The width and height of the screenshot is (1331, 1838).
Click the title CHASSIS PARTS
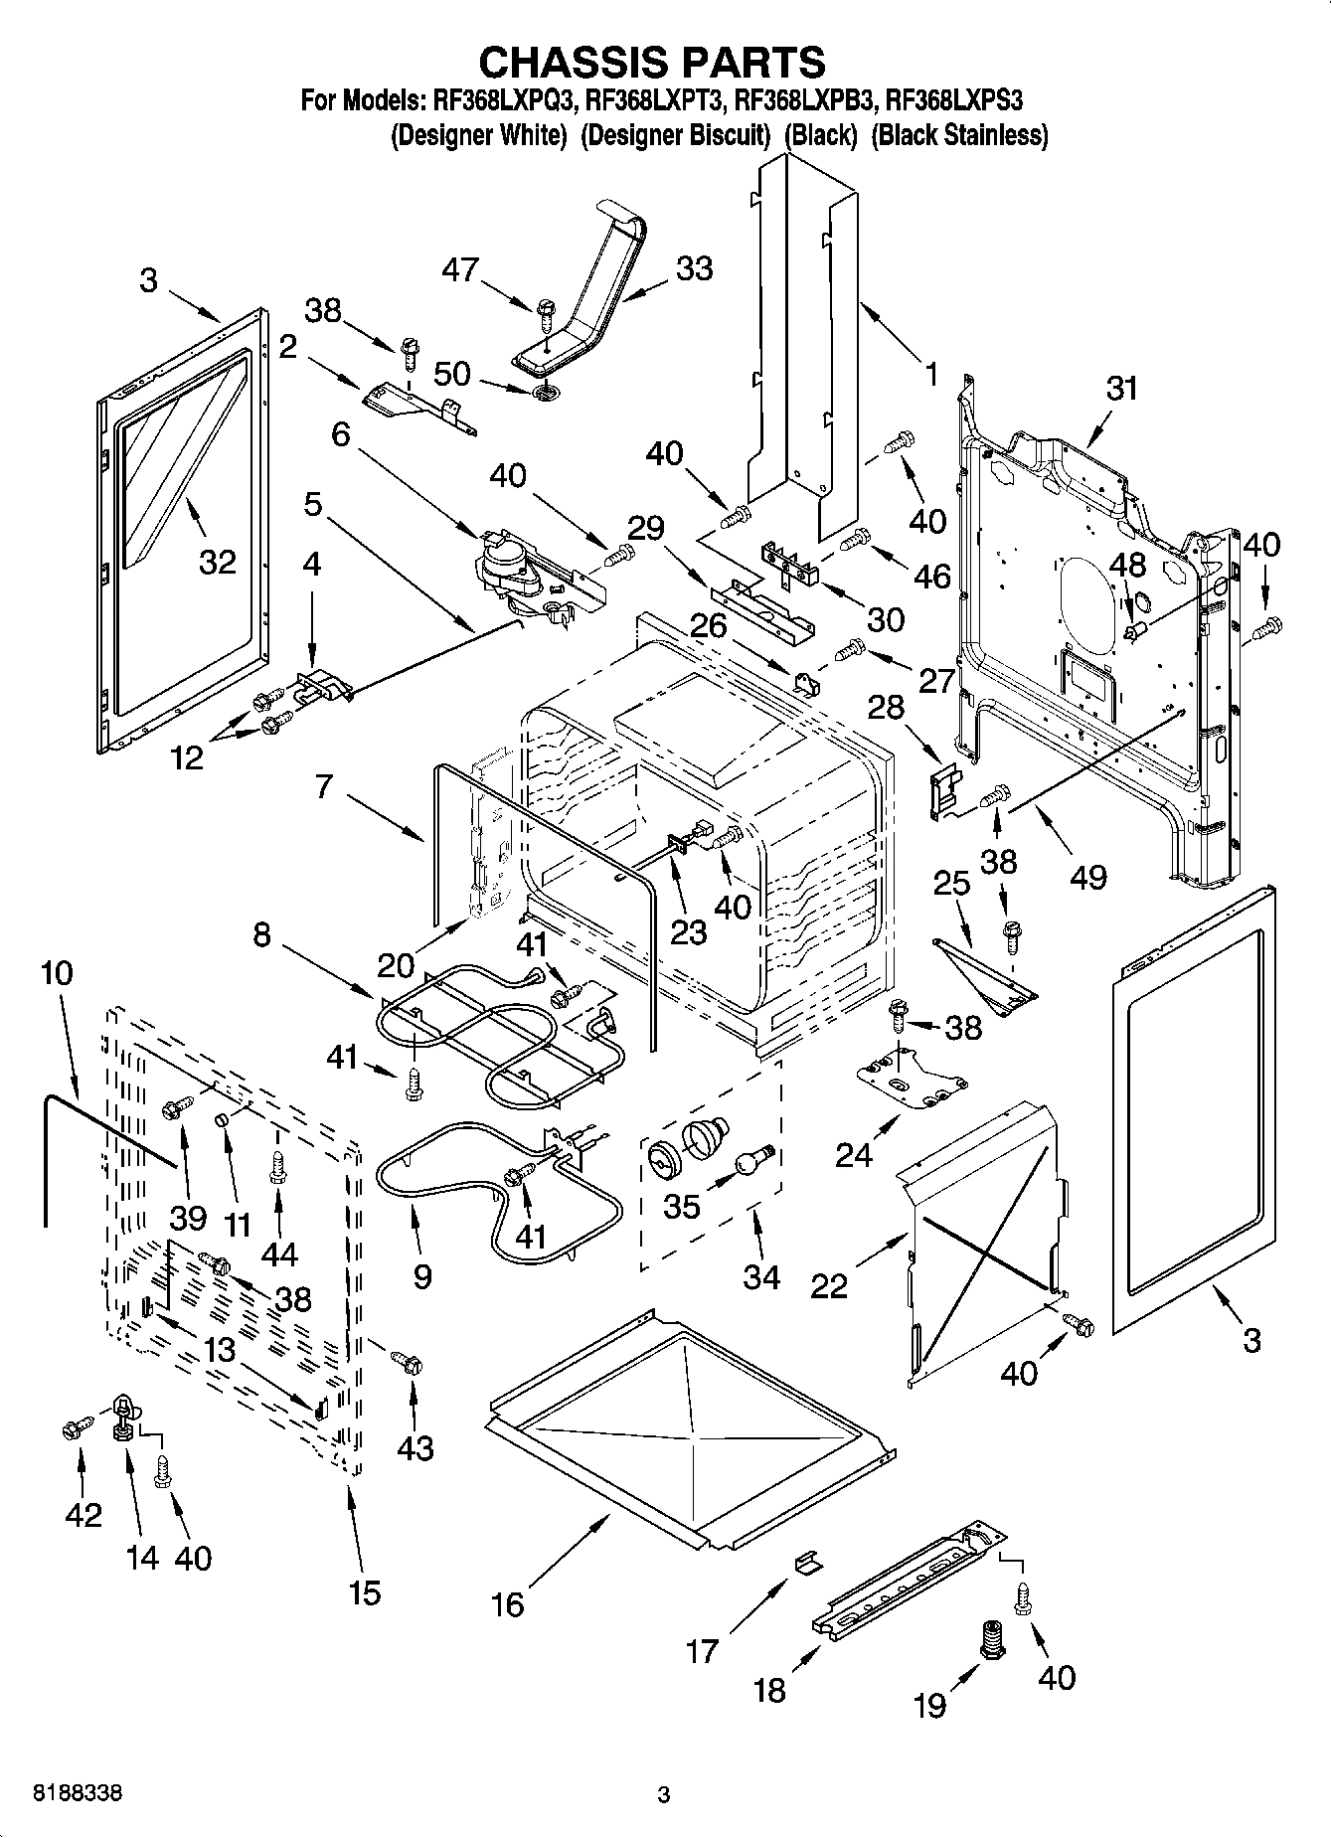point(652,62)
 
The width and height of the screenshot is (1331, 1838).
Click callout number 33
point(694,268)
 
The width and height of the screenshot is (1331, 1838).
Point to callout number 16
point(507,1603)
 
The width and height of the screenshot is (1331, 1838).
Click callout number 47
point(461,269)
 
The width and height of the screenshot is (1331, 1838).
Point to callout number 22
point(829,1285)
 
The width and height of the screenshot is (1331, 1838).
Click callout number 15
point(365,1592)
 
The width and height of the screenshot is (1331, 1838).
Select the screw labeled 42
point(72,1429)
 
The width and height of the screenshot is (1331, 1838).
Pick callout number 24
point(854,1155)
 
